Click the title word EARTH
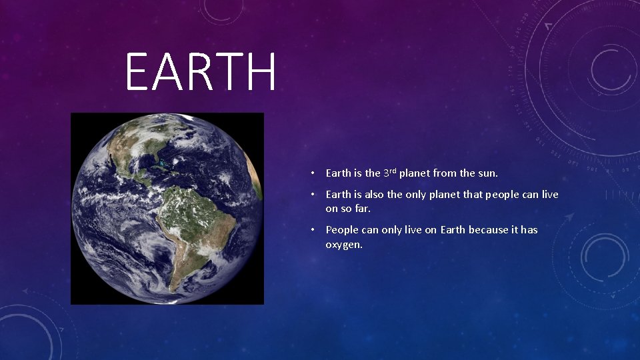coord(200,73)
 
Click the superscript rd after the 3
coord(393,171)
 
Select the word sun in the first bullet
coord(487,173)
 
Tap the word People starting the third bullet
coord(341,230)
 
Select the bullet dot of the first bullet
coord(312,173)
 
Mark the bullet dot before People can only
coord(312,230)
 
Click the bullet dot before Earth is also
coord(312,195)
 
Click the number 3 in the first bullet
coord(386,173)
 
